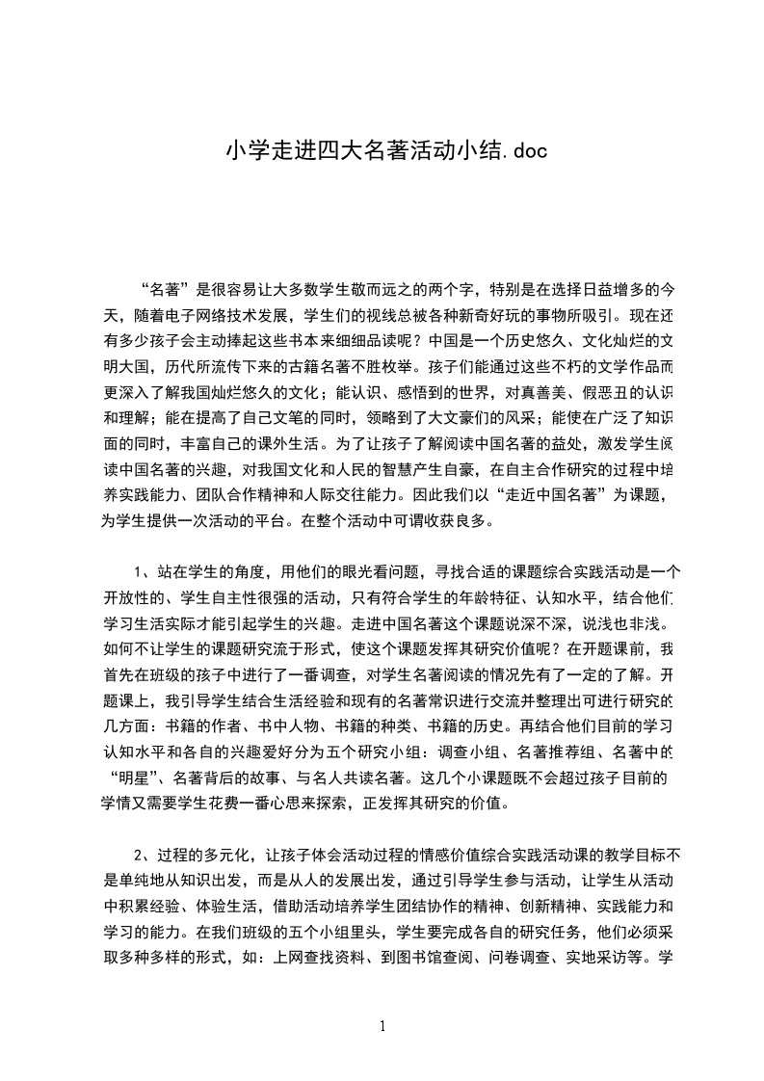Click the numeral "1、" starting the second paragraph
[x=145, y=570]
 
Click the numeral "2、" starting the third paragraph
[x=145, y=856]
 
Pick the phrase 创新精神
[x=520, y=908]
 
